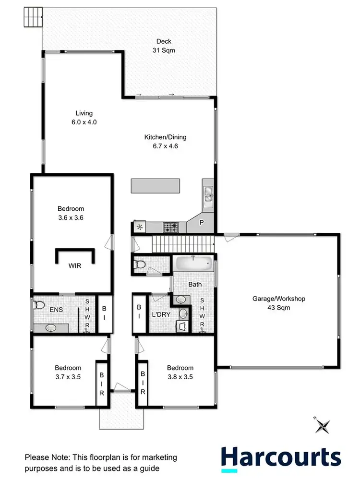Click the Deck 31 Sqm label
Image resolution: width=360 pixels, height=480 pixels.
(160, 45)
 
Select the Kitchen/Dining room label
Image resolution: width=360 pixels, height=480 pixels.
(165, 142)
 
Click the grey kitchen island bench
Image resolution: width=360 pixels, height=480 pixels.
(156, 186)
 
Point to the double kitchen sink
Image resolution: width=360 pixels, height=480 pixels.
(208, 195)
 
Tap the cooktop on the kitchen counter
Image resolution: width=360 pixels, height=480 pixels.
(171, 227)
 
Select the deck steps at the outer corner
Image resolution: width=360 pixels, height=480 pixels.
(32, 18)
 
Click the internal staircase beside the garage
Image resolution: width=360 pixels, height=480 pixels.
(182, 244)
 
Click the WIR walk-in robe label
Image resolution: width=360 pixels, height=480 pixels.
(74, 264)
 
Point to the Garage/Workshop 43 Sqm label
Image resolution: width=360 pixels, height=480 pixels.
(279, 303)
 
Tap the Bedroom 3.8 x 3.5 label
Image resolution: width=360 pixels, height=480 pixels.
(180, 372)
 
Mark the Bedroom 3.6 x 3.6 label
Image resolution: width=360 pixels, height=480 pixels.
(71, 213)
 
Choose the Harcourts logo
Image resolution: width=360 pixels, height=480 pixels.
(280, 458)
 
